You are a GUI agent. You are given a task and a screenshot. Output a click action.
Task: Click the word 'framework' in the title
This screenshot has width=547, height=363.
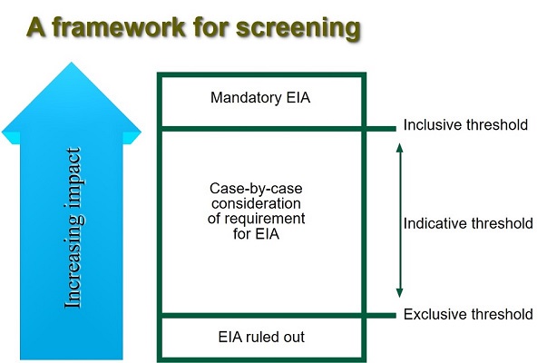point(120,27)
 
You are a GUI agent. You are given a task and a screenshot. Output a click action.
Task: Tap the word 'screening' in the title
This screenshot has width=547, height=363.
point(293,28)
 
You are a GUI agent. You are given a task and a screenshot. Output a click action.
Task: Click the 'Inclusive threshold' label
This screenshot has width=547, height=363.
point(465,125)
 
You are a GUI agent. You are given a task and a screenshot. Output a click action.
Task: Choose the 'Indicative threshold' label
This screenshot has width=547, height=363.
point(468,222)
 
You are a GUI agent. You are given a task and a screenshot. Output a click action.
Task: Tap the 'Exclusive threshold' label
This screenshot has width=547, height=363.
point(467,315)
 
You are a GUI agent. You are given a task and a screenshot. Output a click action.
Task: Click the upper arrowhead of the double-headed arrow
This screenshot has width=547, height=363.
point(399,144)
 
